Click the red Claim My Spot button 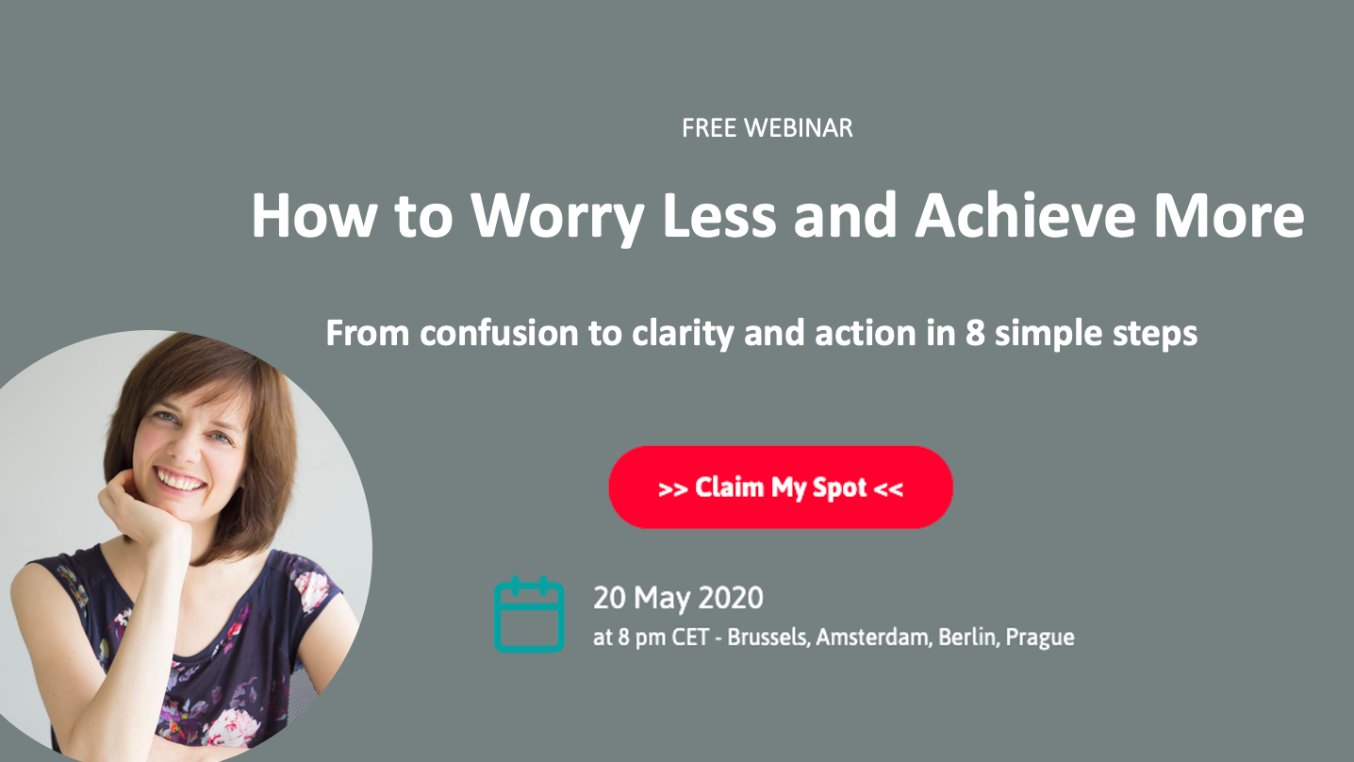(781, 488)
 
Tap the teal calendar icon (529, 615)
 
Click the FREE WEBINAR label (767, 128)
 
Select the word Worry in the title (558, 217)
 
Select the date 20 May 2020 (678, 598)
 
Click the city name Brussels (768, 638)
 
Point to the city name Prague (1039, 638)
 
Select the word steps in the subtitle (1155, 335)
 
